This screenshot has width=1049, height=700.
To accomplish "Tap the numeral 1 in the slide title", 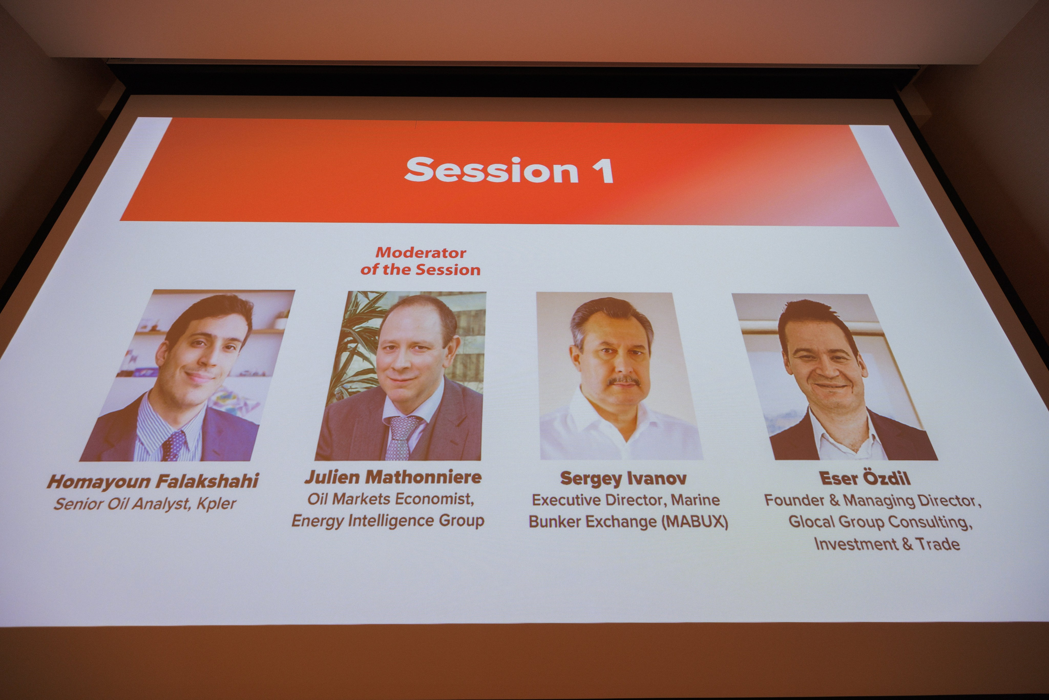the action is (x=605, y=170).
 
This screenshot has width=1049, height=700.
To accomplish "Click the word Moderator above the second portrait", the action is (x=421, y=253).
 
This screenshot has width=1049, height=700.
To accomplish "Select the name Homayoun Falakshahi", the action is (x=153, y=481).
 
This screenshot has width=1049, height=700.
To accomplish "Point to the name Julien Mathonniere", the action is (x=393, y=477).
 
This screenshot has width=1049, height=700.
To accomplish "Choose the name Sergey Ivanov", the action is (x=623, y=479).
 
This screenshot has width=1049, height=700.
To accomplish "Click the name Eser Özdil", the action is (x=865, y=478).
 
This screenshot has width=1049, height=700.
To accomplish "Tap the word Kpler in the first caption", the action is (x=216, y=504).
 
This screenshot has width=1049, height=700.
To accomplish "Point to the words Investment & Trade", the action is (x=887, y=544).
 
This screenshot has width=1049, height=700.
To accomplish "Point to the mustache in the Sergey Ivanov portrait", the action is (x=624, y=381).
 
